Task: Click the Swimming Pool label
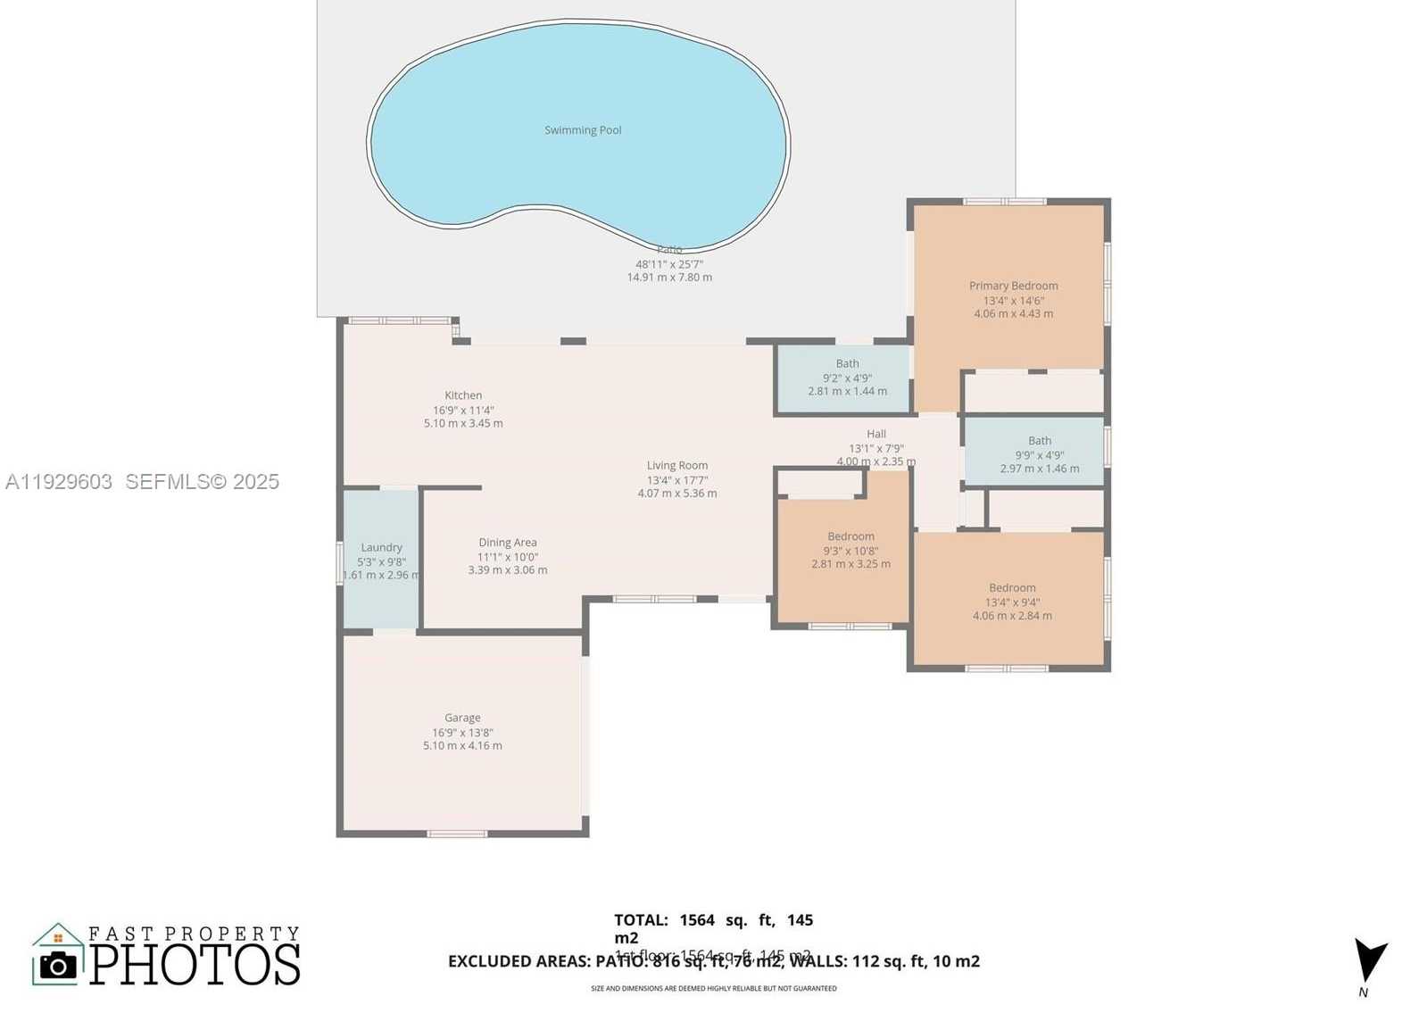pos(583,130)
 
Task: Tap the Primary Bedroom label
pos(1013,286)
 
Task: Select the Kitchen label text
pos(463,395)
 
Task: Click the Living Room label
pos(677,465)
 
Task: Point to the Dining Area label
pos(507,542)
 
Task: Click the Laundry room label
pos(381,547)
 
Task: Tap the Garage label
pos(462,718)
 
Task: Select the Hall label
pos(876,434)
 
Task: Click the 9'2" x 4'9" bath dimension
pos(847,378)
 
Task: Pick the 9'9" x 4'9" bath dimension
pos(1039,454)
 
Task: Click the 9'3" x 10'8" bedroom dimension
pos(850,551)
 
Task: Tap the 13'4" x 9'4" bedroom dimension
pos(1012,602)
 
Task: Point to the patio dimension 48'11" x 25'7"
pos(669,264)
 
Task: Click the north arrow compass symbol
pos(1369,961)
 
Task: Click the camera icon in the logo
pos(59,965)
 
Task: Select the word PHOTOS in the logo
pos(195,964)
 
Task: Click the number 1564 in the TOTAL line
pos(697,919)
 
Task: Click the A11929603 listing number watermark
pos(59,482)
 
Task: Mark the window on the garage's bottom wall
pos(457,834)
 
